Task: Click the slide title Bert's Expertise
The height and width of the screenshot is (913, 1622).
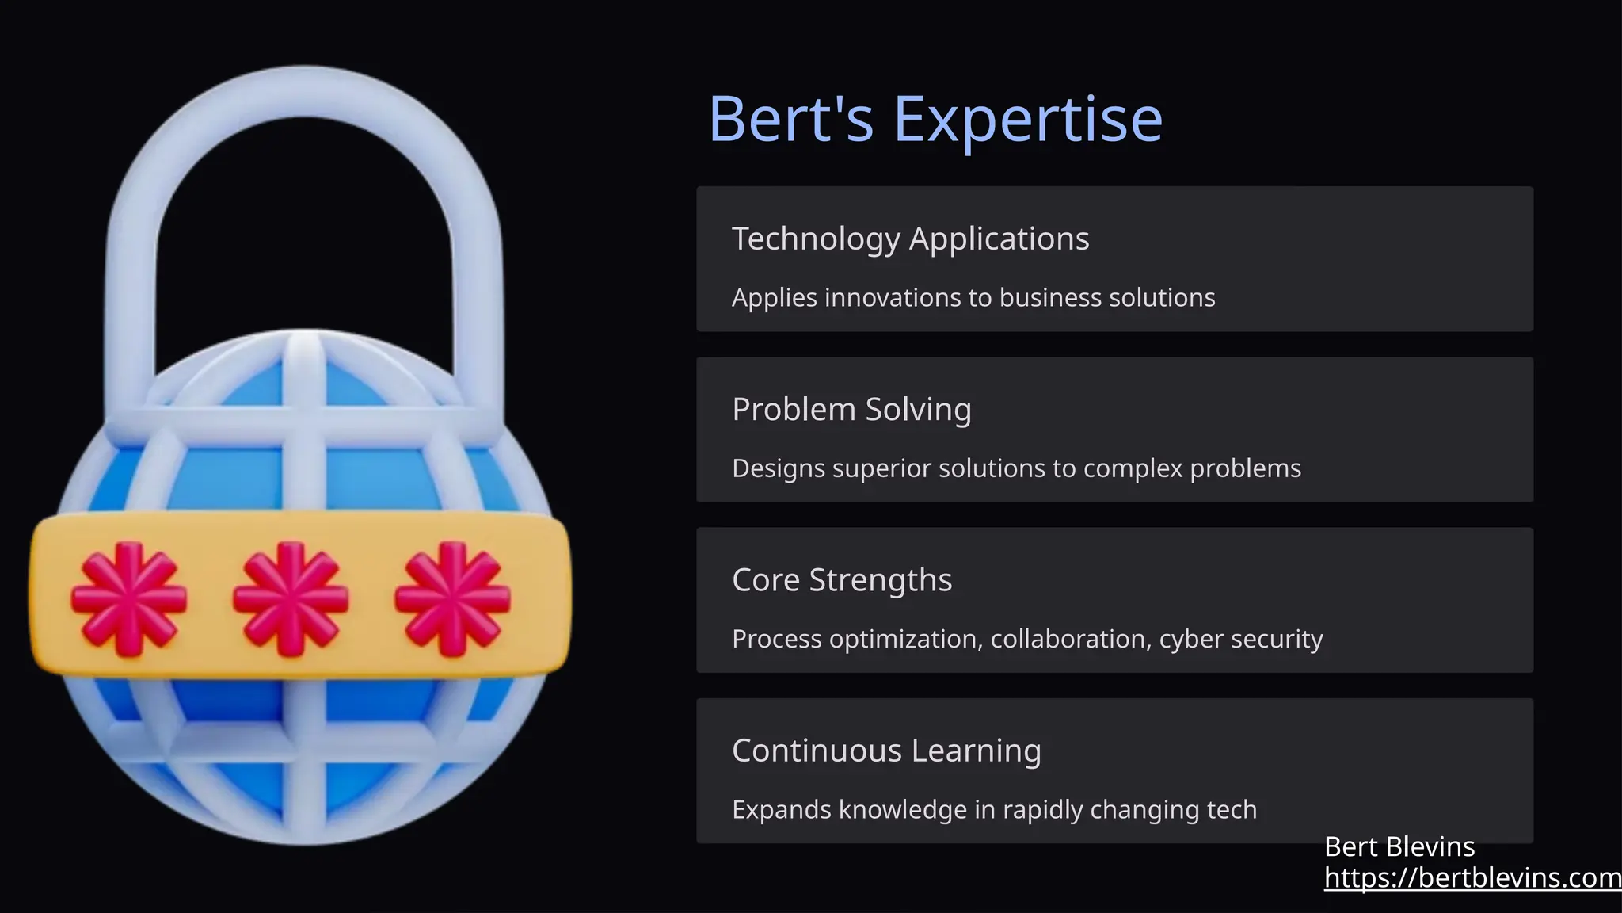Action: point(935,119)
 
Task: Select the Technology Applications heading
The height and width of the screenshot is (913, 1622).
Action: point(910,239)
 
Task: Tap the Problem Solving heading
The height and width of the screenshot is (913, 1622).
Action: point(851,410)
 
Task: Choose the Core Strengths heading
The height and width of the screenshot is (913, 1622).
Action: point(842,580)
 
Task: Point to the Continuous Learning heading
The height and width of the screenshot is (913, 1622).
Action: point(886,751)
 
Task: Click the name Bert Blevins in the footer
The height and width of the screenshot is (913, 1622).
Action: point(1399,847)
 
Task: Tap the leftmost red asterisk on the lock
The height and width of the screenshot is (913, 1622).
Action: point(129,598)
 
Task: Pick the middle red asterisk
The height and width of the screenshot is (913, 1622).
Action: point(291,598)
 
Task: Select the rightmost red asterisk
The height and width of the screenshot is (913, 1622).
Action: point(452,598)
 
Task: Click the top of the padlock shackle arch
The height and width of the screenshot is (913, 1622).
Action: point(305,91)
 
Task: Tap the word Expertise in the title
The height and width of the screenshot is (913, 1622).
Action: point(1028,119)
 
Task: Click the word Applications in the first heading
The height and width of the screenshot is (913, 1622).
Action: point(999,239)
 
